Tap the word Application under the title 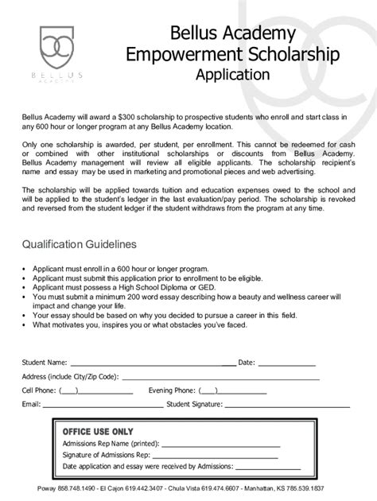coord(231,76)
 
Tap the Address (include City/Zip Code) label coord(70,377)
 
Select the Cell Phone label coord(37,390)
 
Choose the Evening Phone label coord(170,390)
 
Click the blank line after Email coord(101,405)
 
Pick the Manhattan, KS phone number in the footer coord(323,487)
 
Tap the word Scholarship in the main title coord(275,55)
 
